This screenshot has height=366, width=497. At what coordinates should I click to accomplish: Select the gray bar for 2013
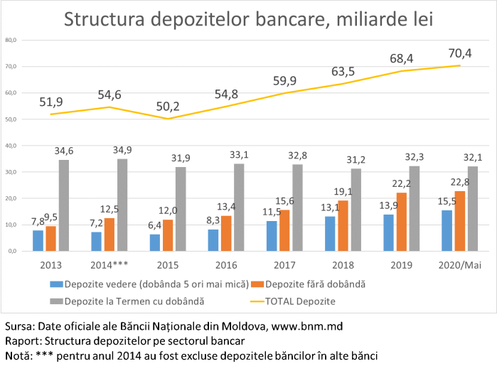pyautogui.click(x=64, y=205)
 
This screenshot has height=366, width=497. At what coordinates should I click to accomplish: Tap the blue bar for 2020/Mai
pyautogui.click(x=447, y=230)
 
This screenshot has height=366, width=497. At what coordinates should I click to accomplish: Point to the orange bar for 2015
pyautogui.click(x=169, y=235)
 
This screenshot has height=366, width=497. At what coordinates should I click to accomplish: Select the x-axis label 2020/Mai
pyautogui.click(x=459, y=265)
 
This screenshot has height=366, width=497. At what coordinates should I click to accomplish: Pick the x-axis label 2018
pyautogui.click(x=343, y=265)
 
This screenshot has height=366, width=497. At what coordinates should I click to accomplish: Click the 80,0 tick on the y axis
pyautogui.click(x=11, y=41)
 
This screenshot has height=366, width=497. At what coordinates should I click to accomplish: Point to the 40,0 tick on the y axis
pyautogui.click(x=11, y=146)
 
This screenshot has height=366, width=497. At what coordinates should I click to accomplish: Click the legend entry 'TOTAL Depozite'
pyautogui.click(x=299, y=301)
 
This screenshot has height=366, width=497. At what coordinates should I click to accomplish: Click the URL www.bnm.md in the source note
pyautogui.click(x=309, y=327)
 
